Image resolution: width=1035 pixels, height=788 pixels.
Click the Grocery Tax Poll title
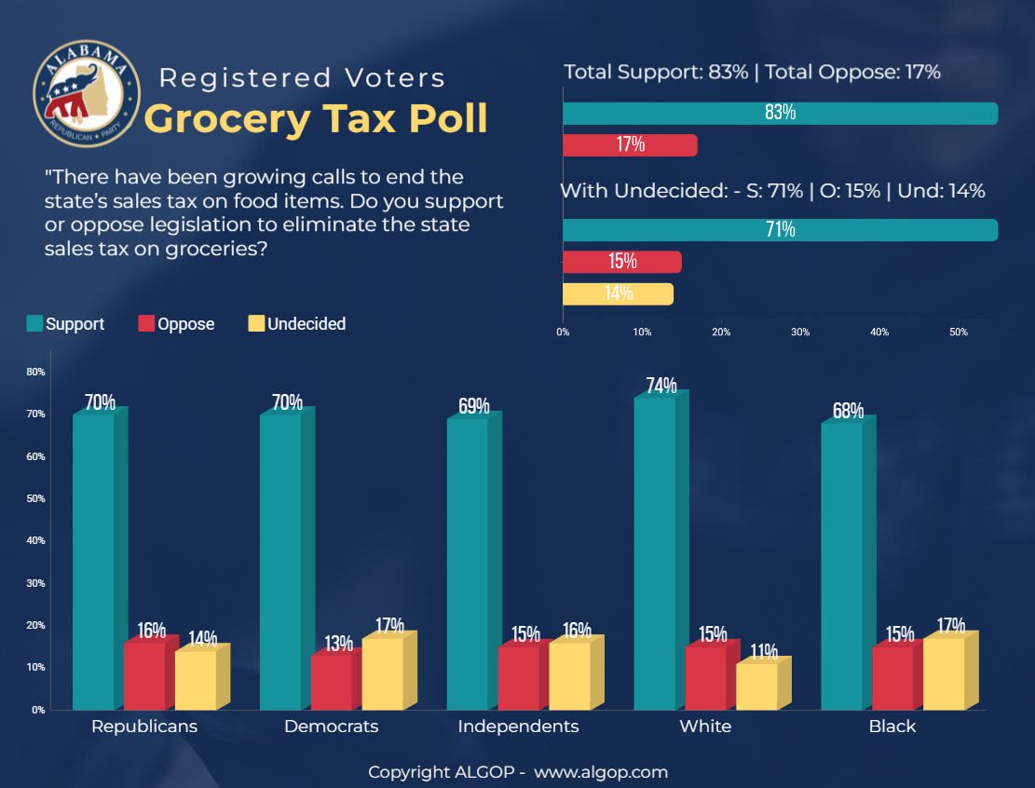tap(317, 118)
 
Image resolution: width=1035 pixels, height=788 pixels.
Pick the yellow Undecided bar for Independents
tap(569, 676)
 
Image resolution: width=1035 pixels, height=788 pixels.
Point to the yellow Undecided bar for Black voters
tap(944, 674)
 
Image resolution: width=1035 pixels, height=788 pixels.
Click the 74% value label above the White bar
tap(660, 385)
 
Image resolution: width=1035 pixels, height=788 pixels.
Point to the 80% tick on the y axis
tap(36, 372)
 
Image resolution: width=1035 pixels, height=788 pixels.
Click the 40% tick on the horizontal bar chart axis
tap(879, 332)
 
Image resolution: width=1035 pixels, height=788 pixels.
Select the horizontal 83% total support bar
tap(780, 113)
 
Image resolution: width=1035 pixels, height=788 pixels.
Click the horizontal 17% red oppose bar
tap(630, 144)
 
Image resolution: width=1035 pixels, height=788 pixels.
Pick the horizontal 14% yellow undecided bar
tap(618, 293)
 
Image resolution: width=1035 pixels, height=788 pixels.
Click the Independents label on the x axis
tap(518, 727)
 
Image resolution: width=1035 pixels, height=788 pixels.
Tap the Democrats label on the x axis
tap(331, 727)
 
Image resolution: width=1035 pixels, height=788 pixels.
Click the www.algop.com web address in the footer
tap(601, 772)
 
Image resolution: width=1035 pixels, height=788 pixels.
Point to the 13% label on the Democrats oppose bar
tap(339, 643)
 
